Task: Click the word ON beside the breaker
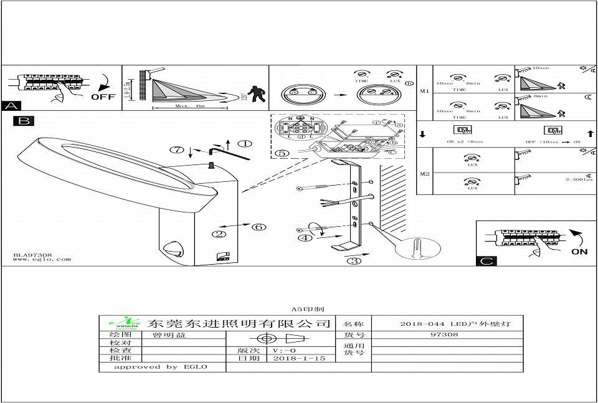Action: click(x=579, y=252)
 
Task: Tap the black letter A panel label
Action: click(x=11, y=106)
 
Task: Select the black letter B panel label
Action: click(x=23, y=121)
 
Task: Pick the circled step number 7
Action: click(x=178, y=149)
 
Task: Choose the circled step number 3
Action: click(x=353, y=261)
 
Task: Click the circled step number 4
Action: click(x=305, y=237)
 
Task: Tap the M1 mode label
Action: click(x=425, y=92)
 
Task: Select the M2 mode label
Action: click(x=425, y=173)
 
